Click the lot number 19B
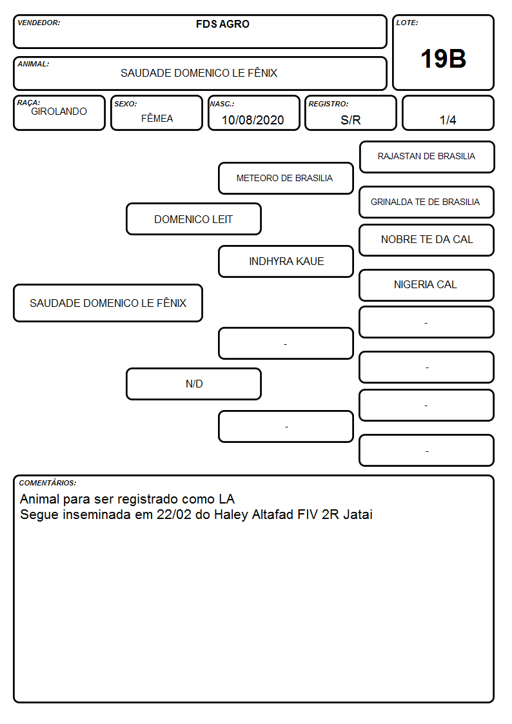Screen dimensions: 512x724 tap(443, 59)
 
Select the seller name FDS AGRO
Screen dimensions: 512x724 tap(222, 24)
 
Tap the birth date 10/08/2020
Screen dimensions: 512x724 tap(253, 120)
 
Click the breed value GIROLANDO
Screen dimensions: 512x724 tap(59, 112)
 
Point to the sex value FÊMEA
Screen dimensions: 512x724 tap(157, 118)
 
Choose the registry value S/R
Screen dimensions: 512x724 tap(350, 120)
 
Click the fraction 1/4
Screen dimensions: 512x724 tap(448, 120)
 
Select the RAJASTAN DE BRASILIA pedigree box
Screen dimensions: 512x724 tap(427, 157)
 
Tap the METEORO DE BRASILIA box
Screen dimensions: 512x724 tap(286, 178)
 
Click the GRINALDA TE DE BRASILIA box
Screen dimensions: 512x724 tap(427, 202)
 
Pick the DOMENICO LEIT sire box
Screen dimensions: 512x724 tap(194, 219)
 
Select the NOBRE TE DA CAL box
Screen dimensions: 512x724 tap(427, 240)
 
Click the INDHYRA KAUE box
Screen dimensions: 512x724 tap(286, 261)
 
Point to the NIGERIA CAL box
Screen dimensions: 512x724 tap(427, 286)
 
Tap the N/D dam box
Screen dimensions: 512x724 tap(194, 384)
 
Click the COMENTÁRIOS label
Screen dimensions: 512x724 tap(48, 483)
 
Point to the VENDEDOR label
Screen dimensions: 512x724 tap(39, 23)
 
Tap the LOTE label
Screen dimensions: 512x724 tap(407, 23)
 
